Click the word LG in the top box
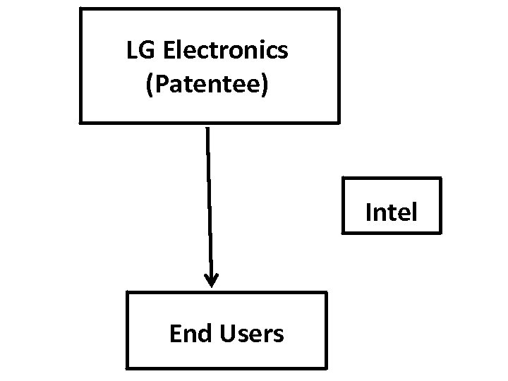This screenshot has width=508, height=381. click(x=137, y=50)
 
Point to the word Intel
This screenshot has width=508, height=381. click(x=391, y=211)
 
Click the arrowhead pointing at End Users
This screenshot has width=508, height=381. click(x=211, y=281)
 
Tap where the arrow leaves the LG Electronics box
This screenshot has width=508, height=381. click(x=207, y=126)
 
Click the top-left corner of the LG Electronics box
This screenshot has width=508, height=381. click(x=80, y=9)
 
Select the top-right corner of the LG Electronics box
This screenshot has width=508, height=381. click(x=339, y=9)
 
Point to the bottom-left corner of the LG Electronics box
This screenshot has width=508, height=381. click(x=80, y=123)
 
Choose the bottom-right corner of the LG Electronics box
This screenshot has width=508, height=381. click(x=339, y=123)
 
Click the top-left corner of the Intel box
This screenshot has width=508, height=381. click(x=343, y=179)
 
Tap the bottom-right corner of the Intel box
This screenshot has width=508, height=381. click(x=440, y=231)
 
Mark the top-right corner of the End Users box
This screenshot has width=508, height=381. click(x=327, y=293)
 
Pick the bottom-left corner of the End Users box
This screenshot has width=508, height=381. click(x=127, y=368)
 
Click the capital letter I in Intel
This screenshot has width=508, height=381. click(x=368, y=211)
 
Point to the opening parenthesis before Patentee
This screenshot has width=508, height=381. click(x=148, y=85)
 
